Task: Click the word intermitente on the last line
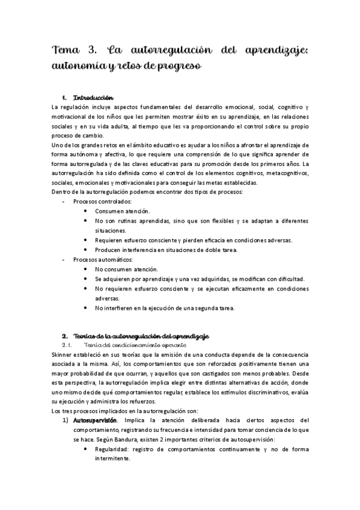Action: pos(112,459)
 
